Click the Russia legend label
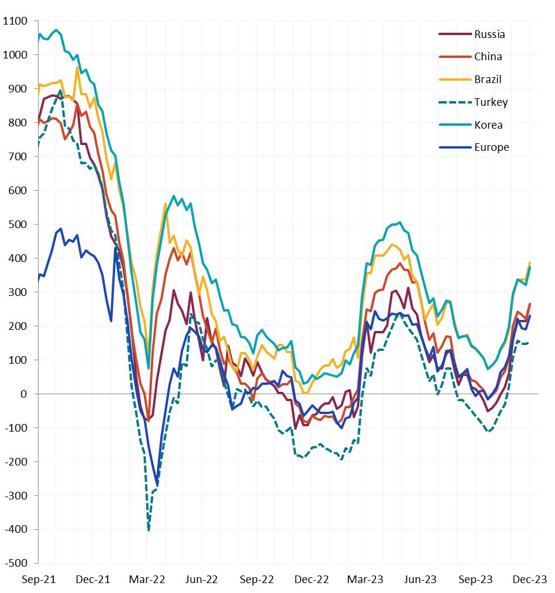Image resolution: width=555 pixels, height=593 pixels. pyautogui.click(x=489, y=34)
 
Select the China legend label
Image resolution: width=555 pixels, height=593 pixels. pyautogui.click(x=488, y=57)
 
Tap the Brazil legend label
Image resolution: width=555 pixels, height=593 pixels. pyautogui.click(x=488, y=80)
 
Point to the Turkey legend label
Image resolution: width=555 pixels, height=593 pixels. pyautogui.click(x=491, y=102)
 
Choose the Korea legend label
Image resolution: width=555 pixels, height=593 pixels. pyautogui.click(x=488, y=125)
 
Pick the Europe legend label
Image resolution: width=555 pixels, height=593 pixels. pyautogui.click(x=491, y=147)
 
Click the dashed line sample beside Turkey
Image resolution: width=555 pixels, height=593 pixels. pyautogui.click(x=454, y=102)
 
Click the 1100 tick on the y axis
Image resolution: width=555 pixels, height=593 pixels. pyautogui.click(x=15, y=21)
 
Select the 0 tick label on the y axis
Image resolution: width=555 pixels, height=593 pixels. pyautogui.click(x=24, y=394)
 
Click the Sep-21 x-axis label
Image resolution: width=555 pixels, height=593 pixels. pyautogui.click(x=39, y=580)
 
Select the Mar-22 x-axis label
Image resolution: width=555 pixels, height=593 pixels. pyautogui.click(x=147, y=580)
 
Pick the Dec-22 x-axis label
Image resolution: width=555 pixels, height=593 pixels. pyautogui.click(x=312, y=580)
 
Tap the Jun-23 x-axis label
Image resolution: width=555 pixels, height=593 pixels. pyautogui.click(x=420, y=580)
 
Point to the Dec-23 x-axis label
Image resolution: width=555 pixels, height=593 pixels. pyautogui.click(x=530, y=580)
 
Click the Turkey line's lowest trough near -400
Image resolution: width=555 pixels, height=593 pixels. pyautogui.click(x=149, y=530)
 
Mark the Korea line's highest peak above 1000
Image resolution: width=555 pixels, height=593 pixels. pyautogui.click(x=56, y=30)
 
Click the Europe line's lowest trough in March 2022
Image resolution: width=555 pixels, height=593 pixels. pyautogui.click(x=157, y=484)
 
